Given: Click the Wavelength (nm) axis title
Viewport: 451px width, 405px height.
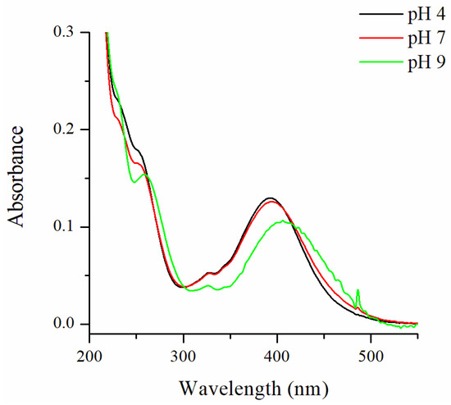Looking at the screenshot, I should click(254, 383).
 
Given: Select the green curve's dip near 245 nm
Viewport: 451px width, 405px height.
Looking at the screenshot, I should click(134, 182).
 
